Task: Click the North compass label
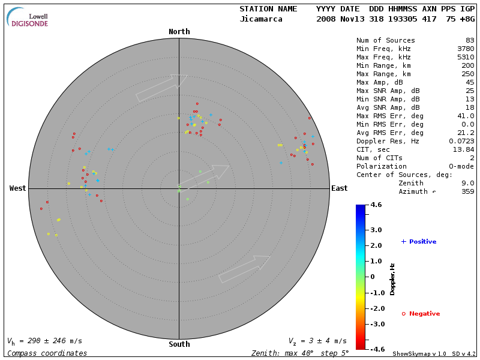179,32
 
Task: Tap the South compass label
179,344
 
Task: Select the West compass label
17,188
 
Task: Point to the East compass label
339,188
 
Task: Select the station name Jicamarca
262,19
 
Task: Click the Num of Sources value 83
470,41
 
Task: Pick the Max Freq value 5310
465,58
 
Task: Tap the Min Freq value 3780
465,49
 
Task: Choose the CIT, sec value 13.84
463,149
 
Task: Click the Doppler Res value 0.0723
461,141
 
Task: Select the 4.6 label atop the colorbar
376,205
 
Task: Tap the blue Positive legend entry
419,242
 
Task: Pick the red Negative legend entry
421,314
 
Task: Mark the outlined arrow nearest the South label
244,269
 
